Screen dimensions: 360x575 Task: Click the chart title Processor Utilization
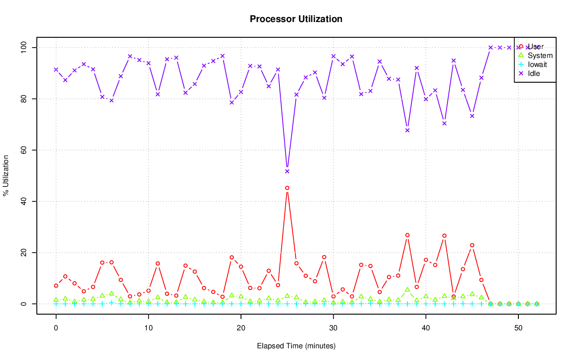pos(296,19)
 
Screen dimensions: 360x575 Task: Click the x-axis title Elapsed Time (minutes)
pos(296,346)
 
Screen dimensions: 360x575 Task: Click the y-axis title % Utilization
pos(6,175)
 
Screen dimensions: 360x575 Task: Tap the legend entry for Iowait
pos(537,64)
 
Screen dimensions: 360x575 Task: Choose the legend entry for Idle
pos(534,73)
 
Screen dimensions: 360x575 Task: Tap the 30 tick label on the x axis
pos(333,328)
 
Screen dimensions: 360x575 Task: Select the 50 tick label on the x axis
pos(518,328)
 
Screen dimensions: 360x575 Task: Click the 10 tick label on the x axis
pos(148,328)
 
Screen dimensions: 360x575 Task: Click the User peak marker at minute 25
pos(287,188)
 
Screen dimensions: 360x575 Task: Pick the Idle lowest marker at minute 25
pos(287,171)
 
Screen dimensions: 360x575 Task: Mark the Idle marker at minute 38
pos(407,130)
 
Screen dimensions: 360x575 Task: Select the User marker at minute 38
pos(407,235)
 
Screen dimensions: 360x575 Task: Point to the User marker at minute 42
pos(444,236)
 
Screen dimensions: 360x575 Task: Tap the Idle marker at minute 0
pos(56,70)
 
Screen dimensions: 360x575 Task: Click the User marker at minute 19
pos(232,258)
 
